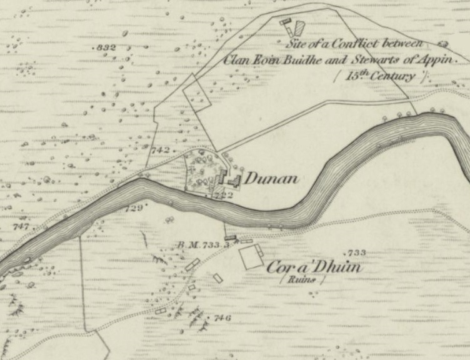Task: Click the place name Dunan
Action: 271,179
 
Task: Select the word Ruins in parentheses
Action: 303,281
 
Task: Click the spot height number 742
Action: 161,150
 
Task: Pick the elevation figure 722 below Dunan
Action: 223,196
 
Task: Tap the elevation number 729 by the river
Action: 134,207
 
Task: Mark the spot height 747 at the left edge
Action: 20,227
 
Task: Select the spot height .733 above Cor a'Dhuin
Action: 356,252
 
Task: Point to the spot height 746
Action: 221,318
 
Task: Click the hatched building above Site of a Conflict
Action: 299,27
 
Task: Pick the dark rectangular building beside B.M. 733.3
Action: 231,238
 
